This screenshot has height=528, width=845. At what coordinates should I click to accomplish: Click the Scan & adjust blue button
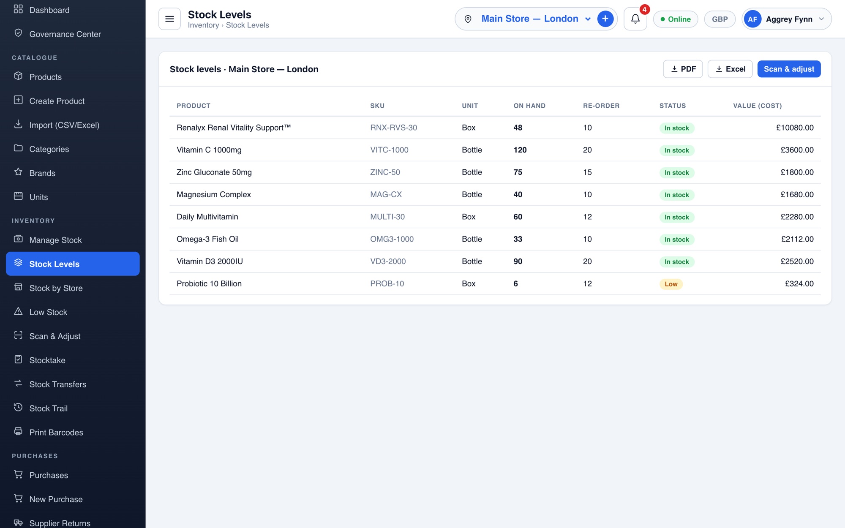tap(789, 69)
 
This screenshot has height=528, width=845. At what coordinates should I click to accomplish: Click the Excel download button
tap(730, 69)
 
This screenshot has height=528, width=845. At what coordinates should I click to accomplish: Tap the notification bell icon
tap(635, 19)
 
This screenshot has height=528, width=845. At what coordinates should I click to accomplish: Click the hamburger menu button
tap(169, 19)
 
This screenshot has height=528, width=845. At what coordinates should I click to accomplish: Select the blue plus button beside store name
tap(605, 19)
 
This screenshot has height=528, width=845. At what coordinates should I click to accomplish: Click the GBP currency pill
tap(720, 19)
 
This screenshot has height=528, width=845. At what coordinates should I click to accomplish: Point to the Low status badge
tap(671, 284)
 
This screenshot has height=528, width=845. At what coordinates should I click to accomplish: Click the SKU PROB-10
tap(387, 284)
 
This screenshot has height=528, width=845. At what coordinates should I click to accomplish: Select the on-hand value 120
tap(520, 150)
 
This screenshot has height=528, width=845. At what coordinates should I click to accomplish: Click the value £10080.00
tap(795, 128)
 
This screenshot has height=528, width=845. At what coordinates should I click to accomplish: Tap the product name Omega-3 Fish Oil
tap(207, 239)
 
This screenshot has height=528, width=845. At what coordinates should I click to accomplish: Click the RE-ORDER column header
tap(601, 106)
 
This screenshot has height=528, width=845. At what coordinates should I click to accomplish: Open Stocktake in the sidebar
tap(47, 360)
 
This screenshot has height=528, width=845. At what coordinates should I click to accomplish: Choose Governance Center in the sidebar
tap(65, 34)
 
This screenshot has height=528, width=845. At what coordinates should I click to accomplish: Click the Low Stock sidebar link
tap(48, 312)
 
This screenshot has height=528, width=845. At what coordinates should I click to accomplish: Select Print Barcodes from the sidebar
tap(56, 433)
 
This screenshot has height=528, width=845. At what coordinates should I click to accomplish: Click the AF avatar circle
tap(752, 19)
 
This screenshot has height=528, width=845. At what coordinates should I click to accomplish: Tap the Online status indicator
tap(675, 19)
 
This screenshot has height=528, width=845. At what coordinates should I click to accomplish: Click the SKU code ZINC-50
tap(385, 172)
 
